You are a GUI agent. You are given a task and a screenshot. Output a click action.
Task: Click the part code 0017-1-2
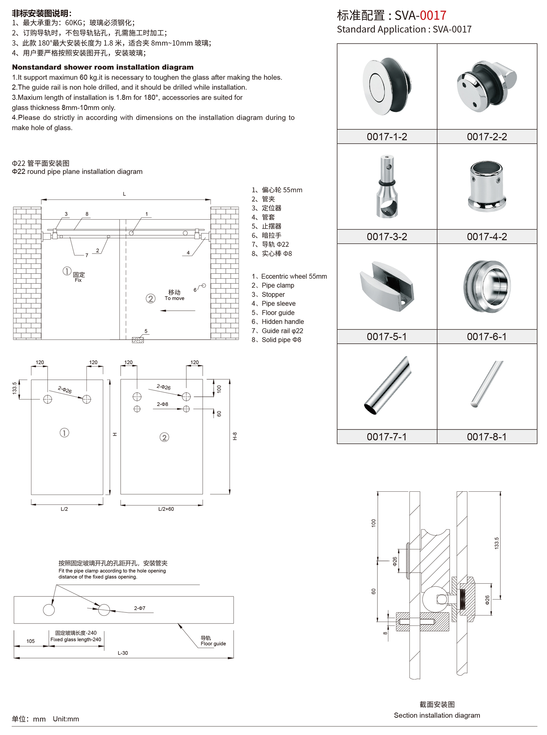point(387,137)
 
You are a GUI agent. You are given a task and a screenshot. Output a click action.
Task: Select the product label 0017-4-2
point(487,237)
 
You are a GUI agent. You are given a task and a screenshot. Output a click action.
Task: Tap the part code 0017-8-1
point(487,437)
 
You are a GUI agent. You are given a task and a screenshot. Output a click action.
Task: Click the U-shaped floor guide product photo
point(387,286)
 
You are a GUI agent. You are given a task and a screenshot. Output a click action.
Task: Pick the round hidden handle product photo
point(487,286)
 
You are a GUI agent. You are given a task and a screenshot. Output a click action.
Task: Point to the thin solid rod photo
point(487,384)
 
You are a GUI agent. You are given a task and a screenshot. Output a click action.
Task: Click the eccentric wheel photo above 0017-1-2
point(387,86)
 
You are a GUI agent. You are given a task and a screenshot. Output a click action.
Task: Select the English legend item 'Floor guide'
point(278,313)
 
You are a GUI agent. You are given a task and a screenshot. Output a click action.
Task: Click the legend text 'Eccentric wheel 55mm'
point(294,276)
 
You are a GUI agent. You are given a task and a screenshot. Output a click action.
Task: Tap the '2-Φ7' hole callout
point(140,608)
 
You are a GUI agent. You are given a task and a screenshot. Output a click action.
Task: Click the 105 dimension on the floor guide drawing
point(31,641)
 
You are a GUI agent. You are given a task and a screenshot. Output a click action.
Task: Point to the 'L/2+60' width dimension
point(166,509)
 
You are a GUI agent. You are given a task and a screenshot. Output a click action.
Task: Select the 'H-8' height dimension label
point(235,436)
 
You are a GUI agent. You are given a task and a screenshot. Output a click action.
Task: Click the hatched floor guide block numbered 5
point(138,340)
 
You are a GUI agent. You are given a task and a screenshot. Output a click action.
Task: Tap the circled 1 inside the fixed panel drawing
point(64,433)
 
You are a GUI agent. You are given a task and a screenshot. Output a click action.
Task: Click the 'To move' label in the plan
point(174,298)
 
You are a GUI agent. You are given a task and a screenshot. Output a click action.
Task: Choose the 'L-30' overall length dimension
point(123,653)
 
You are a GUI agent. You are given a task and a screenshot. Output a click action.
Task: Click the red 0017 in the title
point(433,15)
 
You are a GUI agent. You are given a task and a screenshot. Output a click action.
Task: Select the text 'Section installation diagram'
point(437,715)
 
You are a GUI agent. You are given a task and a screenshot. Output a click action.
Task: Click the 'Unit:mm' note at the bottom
point(66,719)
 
